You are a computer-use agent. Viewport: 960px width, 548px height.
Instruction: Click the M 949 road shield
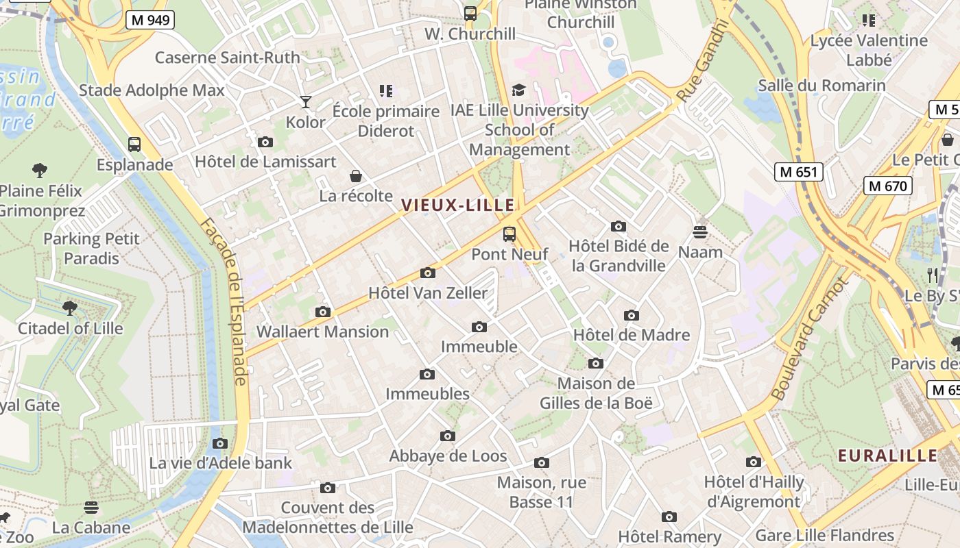point(150,20)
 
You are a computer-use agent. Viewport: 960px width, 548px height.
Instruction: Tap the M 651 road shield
point(798,172)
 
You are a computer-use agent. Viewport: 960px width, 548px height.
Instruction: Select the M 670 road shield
point(887,186)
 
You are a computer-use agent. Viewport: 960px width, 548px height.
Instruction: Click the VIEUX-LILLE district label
point(458,205)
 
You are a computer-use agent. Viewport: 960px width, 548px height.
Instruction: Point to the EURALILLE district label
point(887,456)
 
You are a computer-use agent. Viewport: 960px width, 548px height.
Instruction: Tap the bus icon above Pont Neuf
point(509,234)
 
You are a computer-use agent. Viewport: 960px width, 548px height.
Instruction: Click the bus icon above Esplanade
point(134,145)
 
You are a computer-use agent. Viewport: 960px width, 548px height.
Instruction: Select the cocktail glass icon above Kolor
point(306,102)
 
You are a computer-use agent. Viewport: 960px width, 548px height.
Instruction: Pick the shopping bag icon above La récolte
point(355,176)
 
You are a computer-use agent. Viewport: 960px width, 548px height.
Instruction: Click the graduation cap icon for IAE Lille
point(518,90)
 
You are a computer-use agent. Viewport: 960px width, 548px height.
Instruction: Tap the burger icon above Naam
point(700,232)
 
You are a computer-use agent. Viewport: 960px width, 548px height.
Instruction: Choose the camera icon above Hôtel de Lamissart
point(265,142)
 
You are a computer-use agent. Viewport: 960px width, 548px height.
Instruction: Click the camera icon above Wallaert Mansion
point(322,312)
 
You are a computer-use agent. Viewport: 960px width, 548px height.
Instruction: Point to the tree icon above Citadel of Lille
point(70,308)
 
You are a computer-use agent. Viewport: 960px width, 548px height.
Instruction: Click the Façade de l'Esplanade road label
point(223,301)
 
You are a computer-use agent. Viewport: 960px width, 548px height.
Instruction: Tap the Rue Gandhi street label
point(701,62)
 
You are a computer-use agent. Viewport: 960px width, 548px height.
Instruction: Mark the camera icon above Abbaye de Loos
point(447,436)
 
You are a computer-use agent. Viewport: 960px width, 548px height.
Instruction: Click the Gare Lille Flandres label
point(824,535)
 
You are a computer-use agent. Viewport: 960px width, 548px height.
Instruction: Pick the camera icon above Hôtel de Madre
point(631,315)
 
